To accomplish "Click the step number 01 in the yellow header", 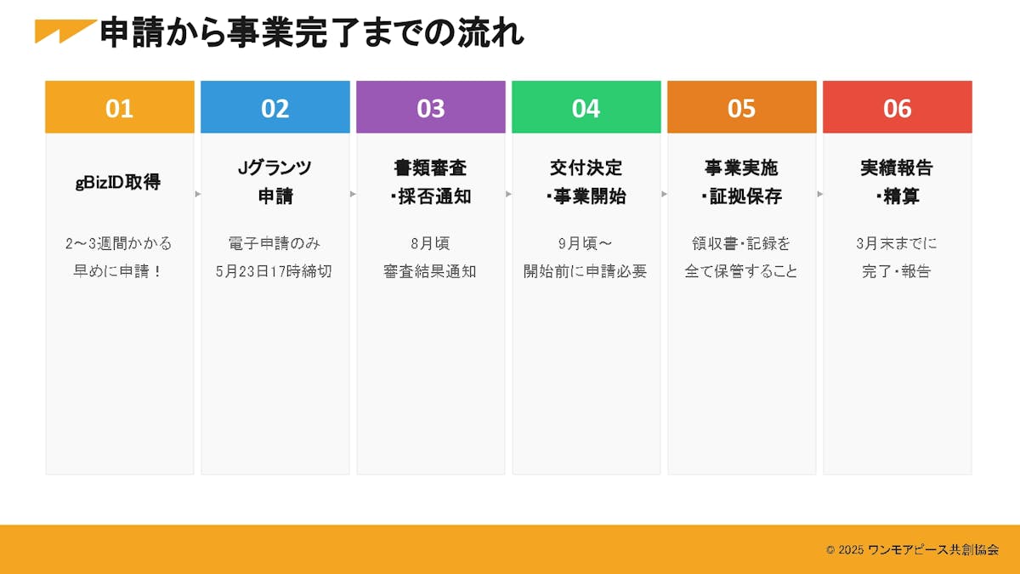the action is pos(119,109).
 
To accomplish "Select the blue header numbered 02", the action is pos(275,107).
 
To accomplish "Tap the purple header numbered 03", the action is pos(431,107).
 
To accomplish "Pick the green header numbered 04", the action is pos(586,107).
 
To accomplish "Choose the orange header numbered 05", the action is pos(742,107).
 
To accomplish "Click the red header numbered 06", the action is pos(898,107).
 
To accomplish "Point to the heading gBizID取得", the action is pos(118,182).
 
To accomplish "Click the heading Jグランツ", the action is pos(275,168).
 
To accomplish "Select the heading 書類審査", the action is pos(430,168).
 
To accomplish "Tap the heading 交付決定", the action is pos(586,168).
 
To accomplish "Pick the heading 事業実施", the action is pos(741,168).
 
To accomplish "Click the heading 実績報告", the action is pos(897,168).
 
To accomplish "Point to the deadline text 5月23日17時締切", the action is pos(274,271).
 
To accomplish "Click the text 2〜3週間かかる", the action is pos(118,244).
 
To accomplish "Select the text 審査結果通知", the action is pos(430,271).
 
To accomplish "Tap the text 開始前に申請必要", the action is pos(585,271).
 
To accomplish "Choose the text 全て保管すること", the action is pos(741,271).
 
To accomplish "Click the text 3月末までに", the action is pos(897,244).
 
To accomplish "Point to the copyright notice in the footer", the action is pos(913,550).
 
